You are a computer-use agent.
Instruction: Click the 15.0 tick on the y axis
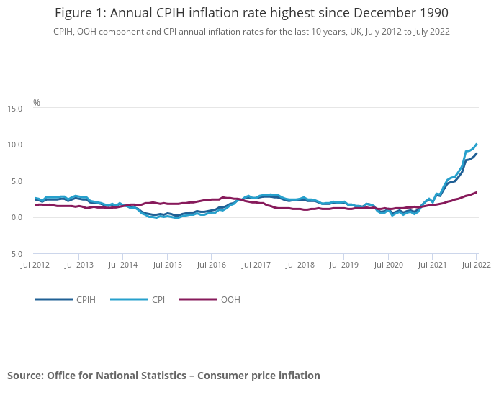click(14, 109)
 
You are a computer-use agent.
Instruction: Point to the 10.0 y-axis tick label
click(14, 145)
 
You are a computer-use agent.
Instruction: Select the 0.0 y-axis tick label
click(16, 218)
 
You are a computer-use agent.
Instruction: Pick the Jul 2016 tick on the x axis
click(211, 265)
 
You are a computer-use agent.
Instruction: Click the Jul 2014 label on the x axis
click(122, 265)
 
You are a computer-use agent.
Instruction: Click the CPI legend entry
click(158, 299)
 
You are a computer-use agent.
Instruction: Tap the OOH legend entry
click(230, 299)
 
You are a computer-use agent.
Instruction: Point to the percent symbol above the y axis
click(37, 103)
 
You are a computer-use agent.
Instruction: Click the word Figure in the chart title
click(73, 12)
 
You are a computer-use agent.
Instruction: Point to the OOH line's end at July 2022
click(477, 192)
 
